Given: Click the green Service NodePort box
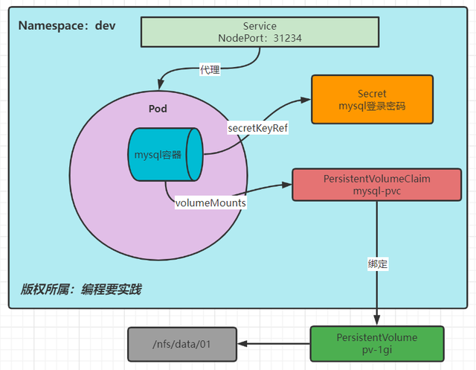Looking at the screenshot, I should pyautogui.click(x=257, y=32).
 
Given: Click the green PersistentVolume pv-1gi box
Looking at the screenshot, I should pyautogui.click(x=376, y=343).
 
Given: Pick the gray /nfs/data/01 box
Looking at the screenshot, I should pyautogui.click(x=181, y=344).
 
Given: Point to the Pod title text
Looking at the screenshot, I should pyautogui.click(x=158, y=109).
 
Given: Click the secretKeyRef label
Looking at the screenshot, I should pyautogui.click(x=257, y=128).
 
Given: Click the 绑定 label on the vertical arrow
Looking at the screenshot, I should pyautogui.click(x=377, y=264).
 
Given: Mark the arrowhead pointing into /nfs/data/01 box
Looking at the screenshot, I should pyautogui.click(x=242, y=344).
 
